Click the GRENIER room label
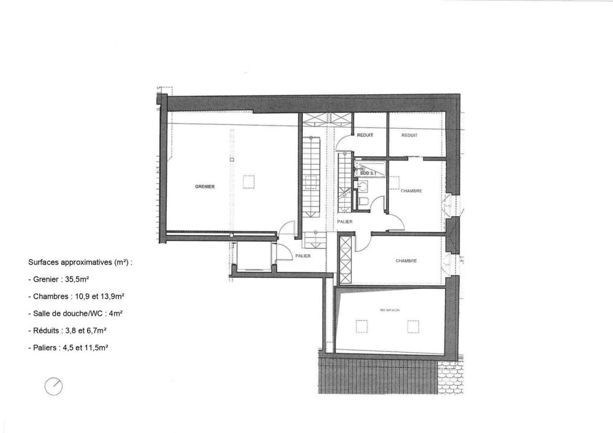pos(205,186)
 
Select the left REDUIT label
pos(365,135)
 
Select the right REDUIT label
pos(409,135)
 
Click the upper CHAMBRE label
pos(411,191)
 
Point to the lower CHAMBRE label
pos(406,260)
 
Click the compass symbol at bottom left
pos(55,385)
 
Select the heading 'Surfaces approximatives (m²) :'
pos(80,262)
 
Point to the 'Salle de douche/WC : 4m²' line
pos(75,313)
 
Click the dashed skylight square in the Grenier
pos(248,182)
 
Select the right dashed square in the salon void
pos(412,326)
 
